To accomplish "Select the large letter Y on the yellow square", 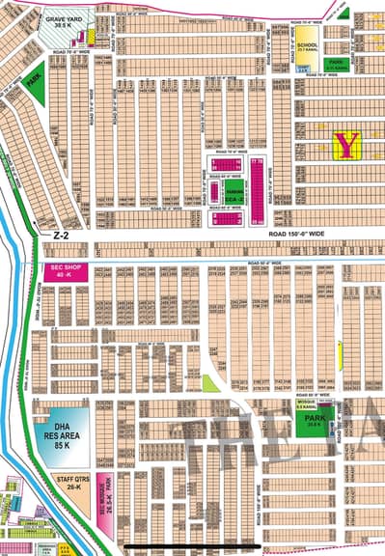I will point(346,145).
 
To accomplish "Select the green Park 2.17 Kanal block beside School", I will point(338,66).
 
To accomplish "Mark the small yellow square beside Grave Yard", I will point(91,36).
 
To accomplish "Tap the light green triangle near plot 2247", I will point(210,382).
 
